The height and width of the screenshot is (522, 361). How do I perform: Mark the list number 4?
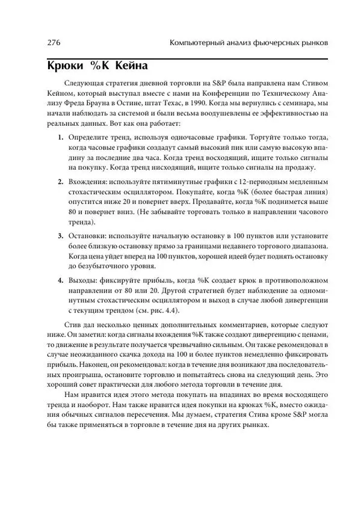61,280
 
